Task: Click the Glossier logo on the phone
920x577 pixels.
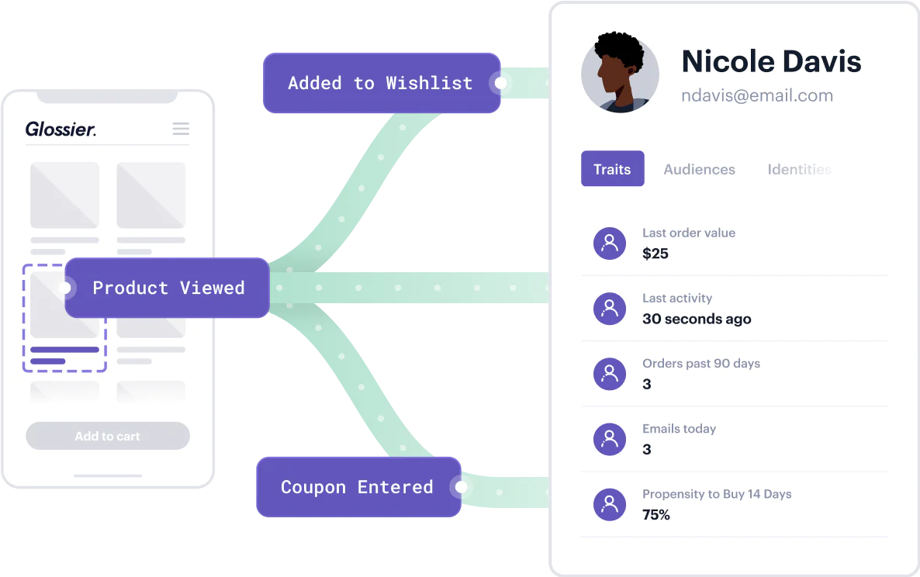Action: click(x=61, y=129)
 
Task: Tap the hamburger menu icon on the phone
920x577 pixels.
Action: click(x=181, y=129)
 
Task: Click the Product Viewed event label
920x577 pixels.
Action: click(x=168, y=288)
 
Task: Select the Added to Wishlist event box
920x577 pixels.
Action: click(x=380, y=83)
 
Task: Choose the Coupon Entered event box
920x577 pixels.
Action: click(x=357, y=487)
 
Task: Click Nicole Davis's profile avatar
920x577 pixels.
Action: click(x=620, y=74)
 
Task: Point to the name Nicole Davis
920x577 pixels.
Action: click(x=771, y=61)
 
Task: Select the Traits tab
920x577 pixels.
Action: click(x=612, y=169)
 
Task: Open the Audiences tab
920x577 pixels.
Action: click(x=699, y=169)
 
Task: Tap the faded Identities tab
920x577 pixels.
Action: click(x=799, y=169)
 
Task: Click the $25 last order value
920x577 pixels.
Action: click(x=655, y=254)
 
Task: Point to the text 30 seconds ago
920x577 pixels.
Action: click(x=697, y=319)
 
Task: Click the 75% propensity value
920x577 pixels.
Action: click(x=656, y=514)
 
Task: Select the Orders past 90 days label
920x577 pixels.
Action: click(x=701, y=363)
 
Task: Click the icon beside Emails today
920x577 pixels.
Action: click(x=610, y=440)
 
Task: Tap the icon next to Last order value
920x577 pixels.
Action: click(x=610, y=244)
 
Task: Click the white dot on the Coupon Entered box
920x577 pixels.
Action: click(x=462, y=487)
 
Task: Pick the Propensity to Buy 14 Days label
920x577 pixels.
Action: click(x=717, y=494)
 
